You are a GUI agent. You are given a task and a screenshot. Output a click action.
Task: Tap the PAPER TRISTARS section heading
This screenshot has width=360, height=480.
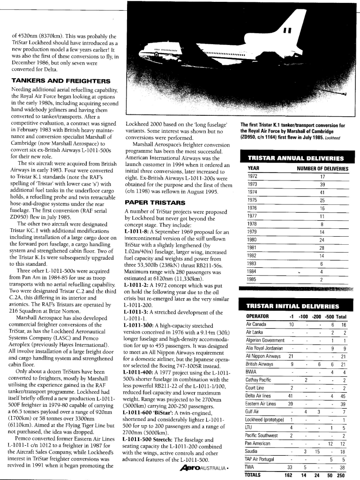click(x=150, y=202)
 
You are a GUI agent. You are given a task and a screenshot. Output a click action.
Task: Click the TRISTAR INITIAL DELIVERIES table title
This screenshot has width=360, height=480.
click(x=293, y=307)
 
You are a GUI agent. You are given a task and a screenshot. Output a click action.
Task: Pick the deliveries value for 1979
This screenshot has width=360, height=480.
click(x=322, y=232)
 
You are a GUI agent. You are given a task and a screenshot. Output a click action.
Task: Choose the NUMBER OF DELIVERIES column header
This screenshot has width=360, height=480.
click(x=322, y=168)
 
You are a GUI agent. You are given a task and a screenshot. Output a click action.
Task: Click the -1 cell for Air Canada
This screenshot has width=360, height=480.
click(x=291, y=324)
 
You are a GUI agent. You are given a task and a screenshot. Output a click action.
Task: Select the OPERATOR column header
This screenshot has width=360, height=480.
click(x=258, y=316)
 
